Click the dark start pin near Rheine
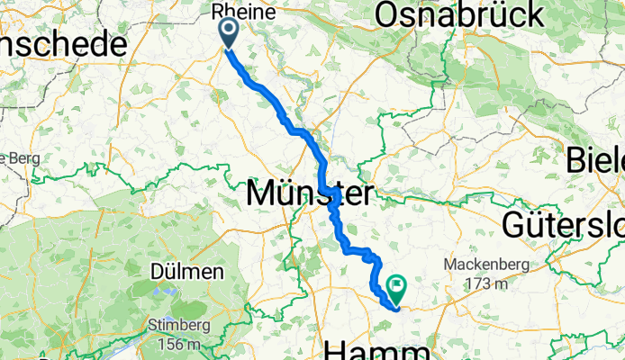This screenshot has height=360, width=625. [228, 32]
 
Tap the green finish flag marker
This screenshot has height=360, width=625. [396, 289]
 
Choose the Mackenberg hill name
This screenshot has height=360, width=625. [488, 265]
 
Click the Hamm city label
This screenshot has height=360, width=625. [379, 347]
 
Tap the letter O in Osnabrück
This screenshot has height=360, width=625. [388, 15]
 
